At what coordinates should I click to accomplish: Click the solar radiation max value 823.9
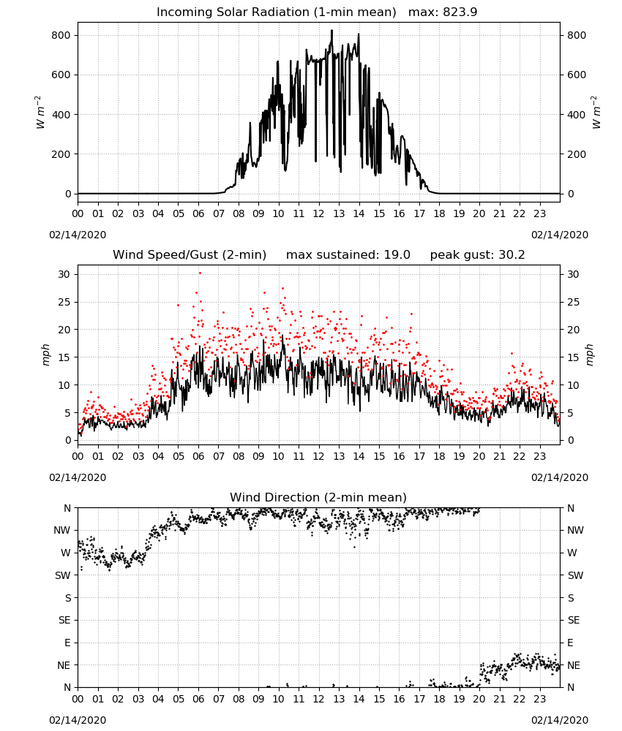[460, 12]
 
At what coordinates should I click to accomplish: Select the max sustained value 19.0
[397, 254]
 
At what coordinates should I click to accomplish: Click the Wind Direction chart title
[318, 497]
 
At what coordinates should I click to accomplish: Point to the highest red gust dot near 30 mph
[201, 273]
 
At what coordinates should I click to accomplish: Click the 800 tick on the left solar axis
[61, 35]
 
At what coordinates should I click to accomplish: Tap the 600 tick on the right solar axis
[577, 75]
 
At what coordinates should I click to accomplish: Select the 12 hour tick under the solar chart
[318, 213]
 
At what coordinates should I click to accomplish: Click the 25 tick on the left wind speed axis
[64, 302]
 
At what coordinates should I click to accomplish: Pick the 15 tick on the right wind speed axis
[573, 357]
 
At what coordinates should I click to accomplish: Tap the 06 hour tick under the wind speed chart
[198, 456]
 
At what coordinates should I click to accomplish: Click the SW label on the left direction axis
[63, 575]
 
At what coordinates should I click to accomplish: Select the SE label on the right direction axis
[574, 620]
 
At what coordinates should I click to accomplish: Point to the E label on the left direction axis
[67, 643]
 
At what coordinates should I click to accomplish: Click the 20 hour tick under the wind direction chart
[479, 699]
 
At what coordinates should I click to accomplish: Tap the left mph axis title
[45, 355]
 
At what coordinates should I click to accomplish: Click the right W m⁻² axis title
[596, 113]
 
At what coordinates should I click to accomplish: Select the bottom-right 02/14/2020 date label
[560, 720]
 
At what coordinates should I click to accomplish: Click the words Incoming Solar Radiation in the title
[233, 12]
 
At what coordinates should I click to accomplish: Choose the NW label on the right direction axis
[575, 530]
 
